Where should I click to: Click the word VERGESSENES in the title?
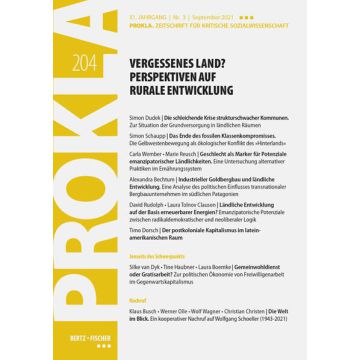[164, 59]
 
